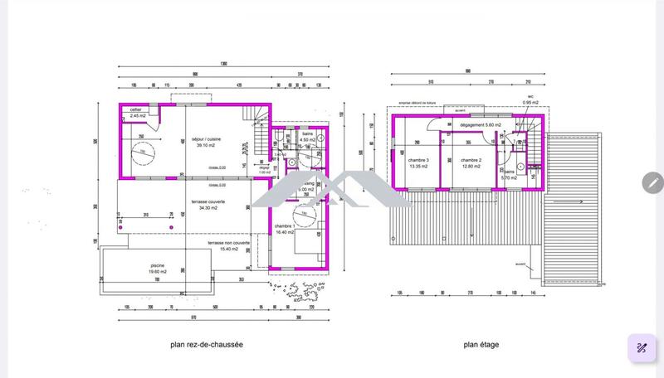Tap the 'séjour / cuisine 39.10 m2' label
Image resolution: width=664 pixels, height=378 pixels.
pyautogui.click(x=206, y=141)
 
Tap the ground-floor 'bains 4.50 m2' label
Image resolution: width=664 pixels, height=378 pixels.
pyautogui.click(x=307, y=138)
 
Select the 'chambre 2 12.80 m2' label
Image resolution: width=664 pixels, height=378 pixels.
pyautogui.click(x=471, y=162)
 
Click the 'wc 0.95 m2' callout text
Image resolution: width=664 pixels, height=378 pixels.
pyautogui.click(x=530, y=100)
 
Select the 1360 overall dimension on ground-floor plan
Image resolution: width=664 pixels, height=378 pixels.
pyautogui.click(x=223, y=65)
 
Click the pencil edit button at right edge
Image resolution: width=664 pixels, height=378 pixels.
pyautogui.click(x=652, y=182)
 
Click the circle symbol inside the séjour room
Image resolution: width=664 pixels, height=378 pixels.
pyautogui.click(x=142, y=153)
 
